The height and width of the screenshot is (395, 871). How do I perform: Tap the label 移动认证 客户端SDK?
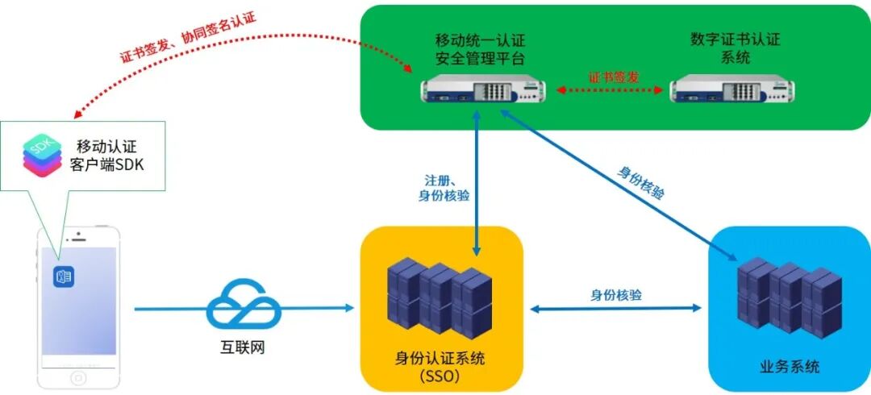point(110,156)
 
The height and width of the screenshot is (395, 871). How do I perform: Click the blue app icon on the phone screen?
point(64,276)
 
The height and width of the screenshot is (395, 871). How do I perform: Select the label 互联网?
point(243,348)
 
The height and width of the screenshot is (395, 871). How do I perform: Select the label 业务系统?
point(790,367)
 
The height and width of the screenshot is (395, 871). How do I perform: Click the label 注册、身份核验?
point(448,186)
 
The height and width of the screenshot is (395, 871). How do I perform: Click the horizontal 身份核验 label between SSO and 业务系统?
point(616,295)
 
